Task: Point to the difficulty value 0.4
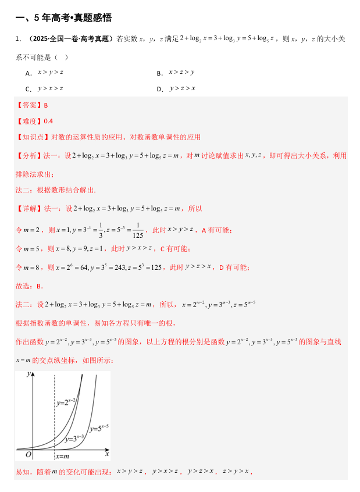[48, 121]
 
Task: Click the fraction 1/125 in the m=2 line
[138, 230]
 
